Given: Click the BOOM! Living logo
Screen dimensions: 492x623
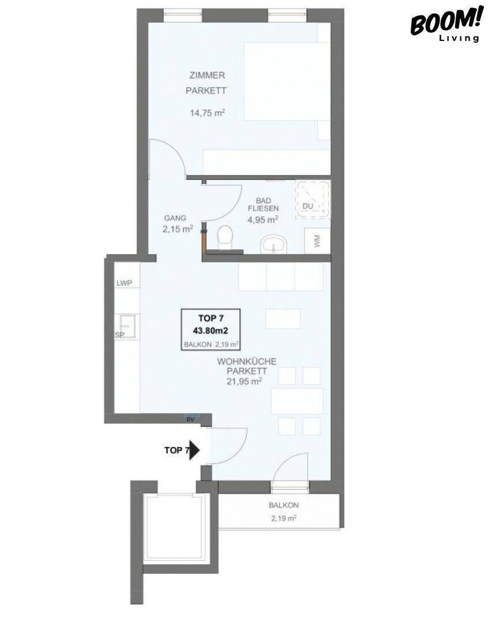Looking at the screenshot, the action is pyautogui.click(x=446, y=24).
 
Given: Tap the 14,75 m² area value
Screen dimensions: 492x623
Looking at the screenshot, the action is pyautogui.click(x=207, y=113).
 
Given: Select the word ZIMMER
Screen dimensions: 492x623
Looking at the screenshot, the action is pyautogui.click(x=207, y=74).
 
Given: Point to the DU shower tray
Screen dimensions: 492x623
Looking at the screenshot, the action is pyautogui.click(x=313, y=200).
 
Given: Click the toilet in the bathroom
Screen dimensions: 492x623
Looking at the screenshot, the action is pyautogui.click(x=226, y=238).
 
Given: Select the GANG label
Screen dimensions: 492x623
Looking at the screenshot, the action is pyautogui.click(x=175, y=217).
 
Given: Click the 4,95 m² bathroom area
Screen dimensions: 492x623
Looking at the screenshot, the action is pyautogui.click(x=262, y=219).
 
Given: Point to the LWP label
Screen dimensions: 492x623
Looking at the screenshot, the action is pyautogui.click(x=125, y=283).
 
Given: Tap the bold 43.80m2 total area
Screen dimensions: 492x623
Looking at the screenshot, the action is pyautogui.click(x=211, y=330).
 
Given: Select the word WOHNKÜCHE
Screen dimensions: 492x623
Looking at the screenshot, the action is pyautogui.click(x=246, y=362).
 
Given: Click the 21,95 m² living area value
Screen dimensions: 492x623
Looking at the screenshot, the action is pyautogui.click(x=244, y=382).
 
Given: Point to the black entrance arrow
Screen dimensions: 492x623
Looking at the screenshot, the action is pyautogui.click(x=194, y=450).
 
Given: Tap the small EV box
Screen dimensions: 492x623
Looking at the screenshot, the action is pyautogui.click(x=191, y=419).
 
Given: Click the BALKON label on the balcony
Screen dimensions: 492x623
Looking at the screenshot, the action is pyautogui.click(x=284, y=505).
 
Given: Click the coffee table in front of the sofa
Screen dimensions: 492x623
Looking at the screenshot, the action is pyautogui.click(x=283, y=319).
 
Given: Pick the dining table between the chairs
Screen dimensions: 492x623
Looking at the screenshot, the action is pyautogui.click(x=297, y=401).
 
